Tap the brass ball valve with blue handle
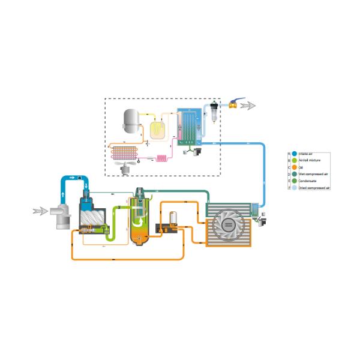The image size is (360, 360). (x=231, y=104)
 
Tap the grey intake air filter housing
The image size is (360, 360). (x=61, y=216)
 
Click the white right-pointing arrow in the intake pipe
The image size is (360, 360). (x=73, y=178)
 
